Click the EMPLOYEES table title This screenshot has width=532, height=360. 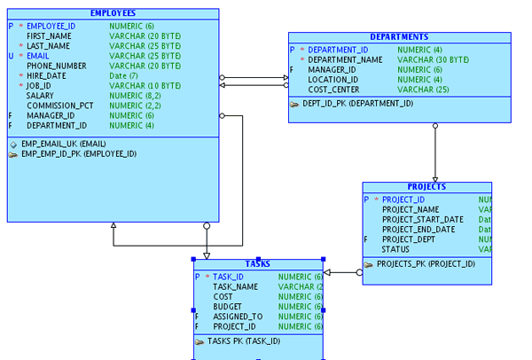pos(113,13)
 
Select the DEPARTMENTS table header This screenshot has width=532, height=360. pos(399,37)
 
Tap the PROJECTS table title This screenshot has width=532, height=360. pos(426,187)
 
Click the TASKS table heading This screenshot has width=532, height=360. pos(258,263)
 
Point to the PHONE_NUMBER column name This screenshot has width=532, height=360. pos(57,66)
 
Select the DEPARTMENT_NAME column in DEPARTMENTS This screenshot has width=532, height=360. pos(345,59)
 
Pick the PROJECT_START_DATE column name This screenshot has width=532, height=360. pos(422,219)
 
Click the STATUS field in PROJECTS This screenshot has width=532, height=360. pos(395,248)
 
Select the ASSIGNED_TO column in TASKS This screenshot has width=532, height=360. pos(238,316)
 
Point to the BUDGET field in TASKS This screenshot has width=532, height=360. pos(227,306)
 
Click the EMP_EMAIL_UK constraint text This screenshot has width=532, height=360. pos(64,144)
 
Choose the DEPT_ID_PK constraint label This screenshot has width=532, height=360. pos(357,103)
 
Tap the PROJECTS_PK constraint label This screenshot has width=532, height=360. pos(420,263)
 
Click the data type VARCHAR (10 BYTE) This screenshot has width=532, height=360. pos(145,85)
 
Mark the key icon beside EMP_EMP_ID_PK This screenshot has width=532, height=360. pos(13,153)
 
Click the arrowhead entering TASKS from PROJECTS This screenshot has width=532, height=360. pos(327,272)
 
